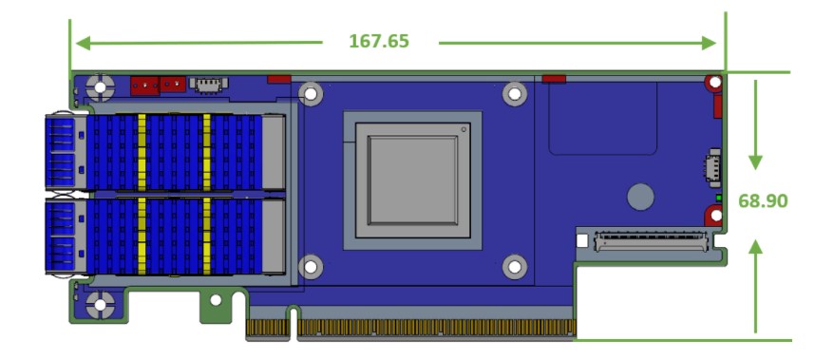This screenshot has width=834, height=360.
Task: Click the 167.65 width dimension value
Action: [x=379, y=41]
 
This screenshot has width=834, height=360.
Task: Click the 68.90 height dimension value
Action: [x=763, y=201]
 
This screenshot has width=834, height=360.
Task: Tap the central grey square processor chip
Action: [x=412, y=180]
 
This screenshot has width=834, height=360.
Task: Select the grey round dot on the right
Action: [x=640, y=197]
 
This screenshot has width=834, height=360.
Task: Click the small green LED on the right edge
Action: [x=719, y=198]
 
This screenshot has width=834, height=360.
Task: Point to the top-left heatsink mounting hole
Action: [x=311, y=94]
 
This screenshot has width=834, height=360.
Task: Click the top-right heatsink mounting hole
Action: [x=514, y=94]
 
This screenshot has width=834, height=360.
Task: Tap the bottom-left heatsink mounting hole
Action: [x=311, y=267]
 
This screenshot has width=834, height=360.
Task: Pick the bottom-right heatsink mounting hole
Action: [x=514, y=267]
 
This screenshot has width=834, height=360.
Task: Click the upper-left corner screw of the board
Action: [x=100, y=87]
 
